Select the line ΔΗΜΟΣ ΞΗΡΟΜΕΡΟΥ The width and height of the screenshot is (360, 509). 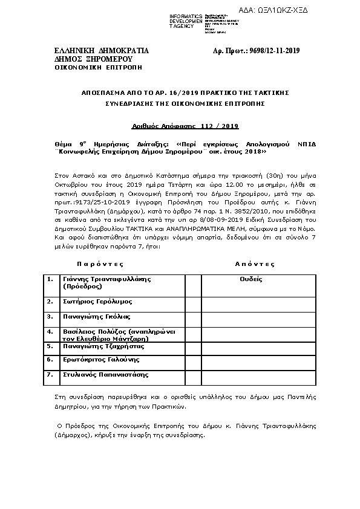(x=84, y=59)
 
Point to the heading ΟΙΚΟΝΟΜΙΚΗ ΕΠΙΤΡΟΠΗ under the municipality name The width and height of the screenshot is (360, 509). (x=90, y=67)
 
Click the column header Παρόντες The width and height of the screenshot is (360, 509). (x=100, y=264)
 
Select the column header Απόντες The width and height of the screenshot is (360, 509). (x=254, y=264)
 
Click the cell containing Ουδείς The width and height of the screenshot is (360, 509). (x=250, y=279)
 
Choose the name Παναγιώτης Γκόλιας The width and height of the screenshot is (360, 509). (x=97, y=316)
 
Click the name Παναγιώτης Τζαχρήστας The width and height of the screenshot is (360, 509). (x=103, y=346)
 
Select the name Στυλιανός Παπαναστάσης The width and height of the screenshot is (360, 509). (x=105, y=374)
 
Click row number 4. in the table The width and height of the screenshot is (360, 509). (x=51, y=332)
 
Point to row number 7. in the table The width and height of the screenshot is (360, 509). (x=51, y=374)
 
